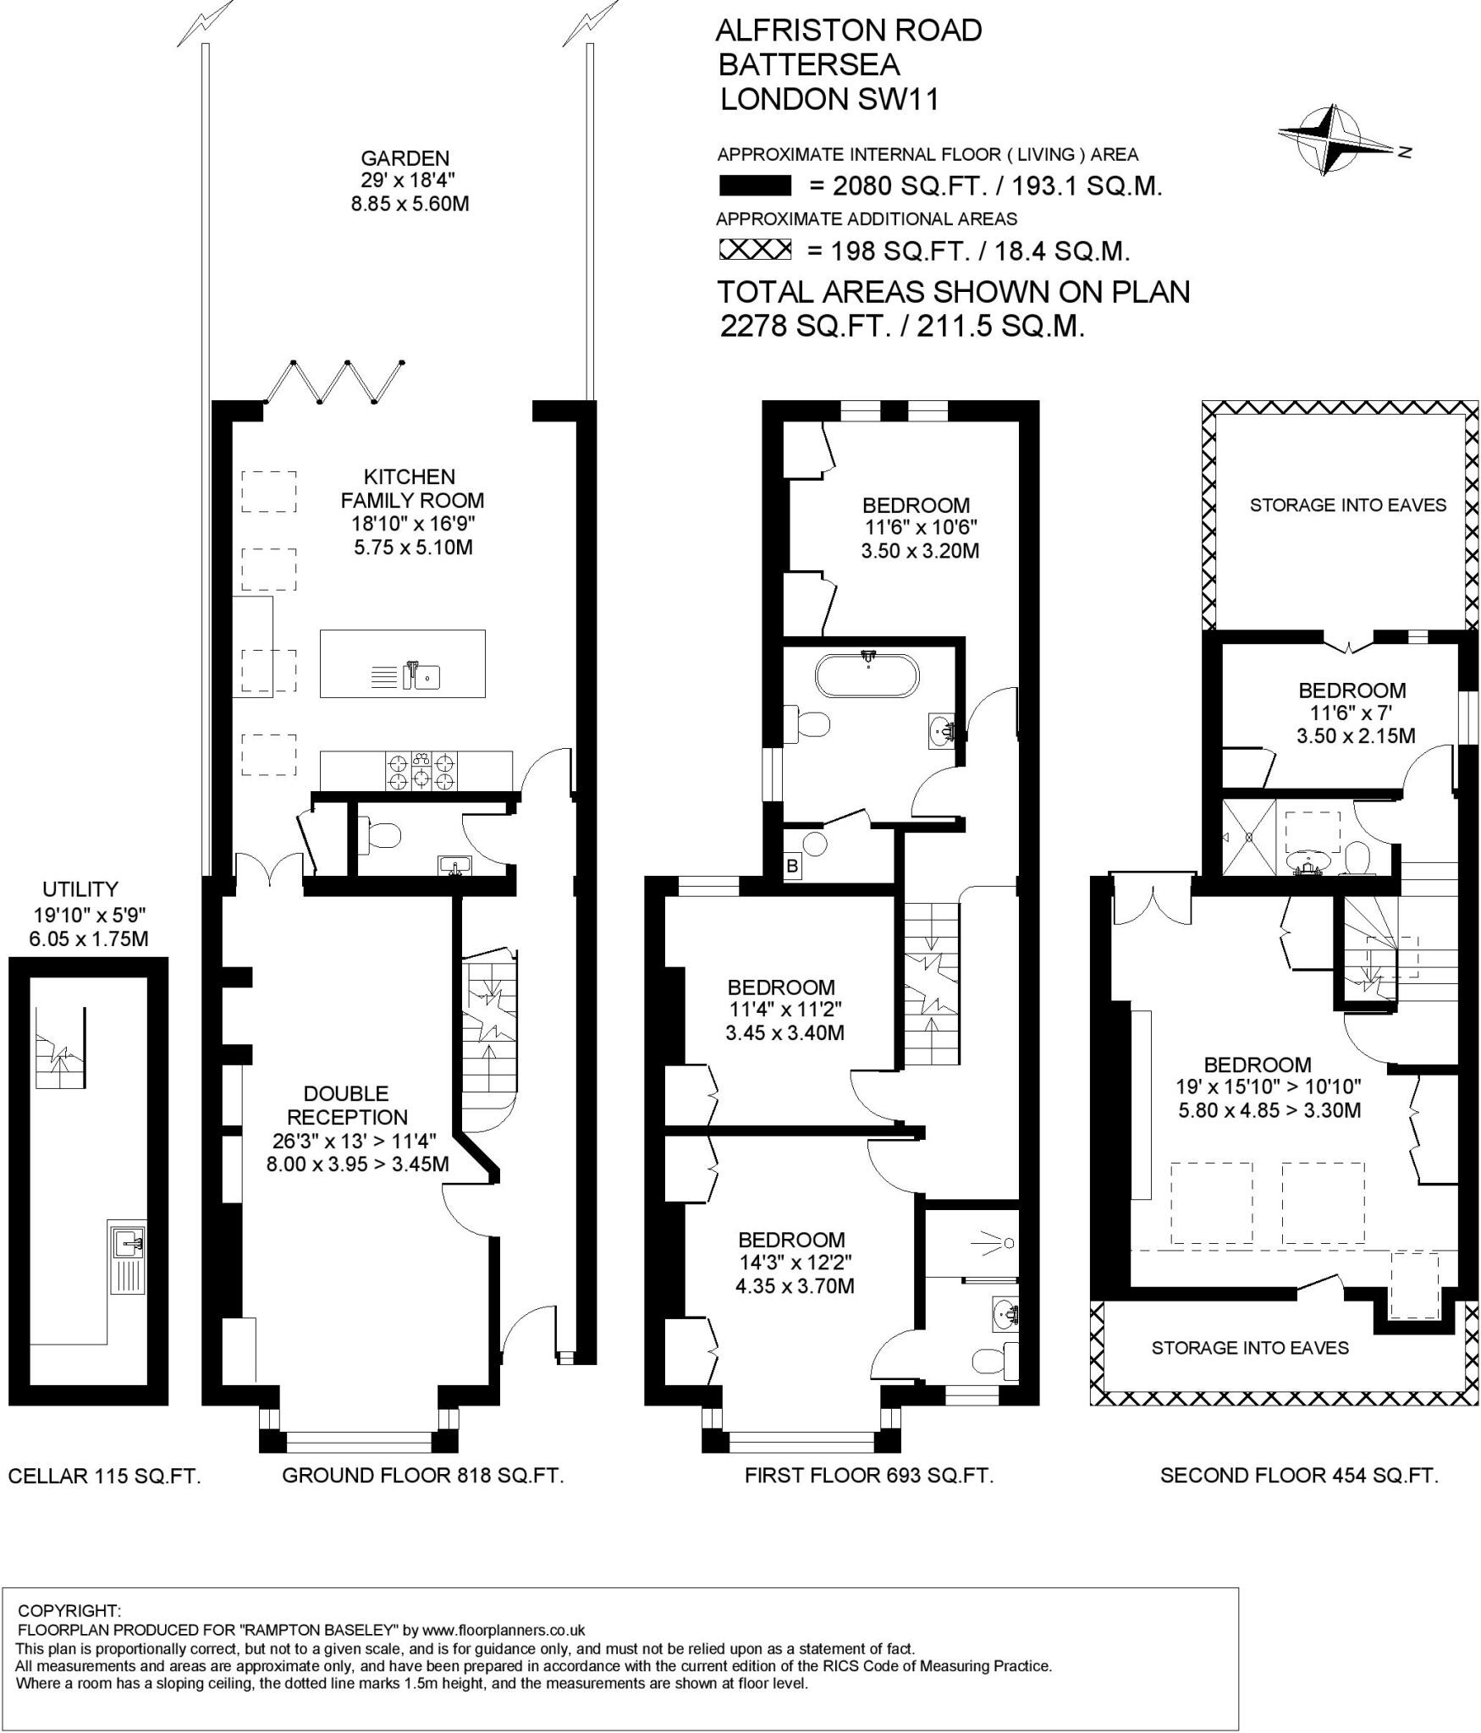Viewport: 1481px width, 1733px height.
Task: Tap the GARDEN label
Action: coord(405,158)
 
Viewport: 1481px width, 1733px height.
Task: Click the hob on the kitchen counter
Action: coord(421,770)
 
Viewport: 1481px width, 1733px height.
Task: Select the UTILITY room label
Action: coord(80,889)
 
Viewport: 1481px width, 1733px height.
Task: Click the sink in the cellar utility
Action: coord(129,1242)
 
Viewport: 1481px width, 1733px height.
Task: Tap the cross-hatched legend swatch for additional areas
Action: coord(754,250)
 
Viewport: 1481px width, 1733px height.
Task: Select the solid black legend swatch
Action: coord(754,185)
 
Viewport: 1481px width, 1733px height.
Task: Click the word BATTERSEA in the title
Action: coord(808,65)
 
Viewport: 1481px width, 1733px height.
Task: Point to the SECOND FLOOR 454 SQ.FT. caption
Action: coord(1298,1475)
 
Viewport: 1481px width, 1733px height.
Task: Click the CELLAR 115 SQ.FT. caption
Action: coord(104,1476)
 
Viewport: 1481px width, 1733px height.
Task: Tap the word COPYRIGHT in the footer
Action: coord(69,1609)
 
